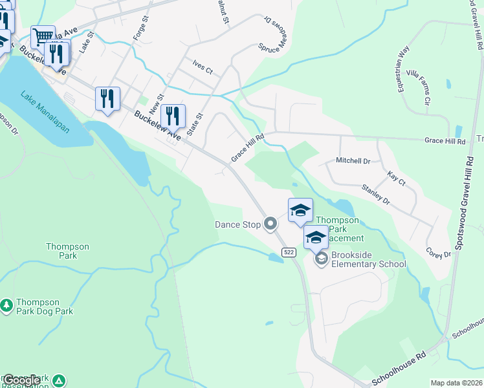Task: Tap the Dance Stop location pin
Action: [271, 224]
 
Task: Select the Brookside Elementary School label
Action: [368, 259]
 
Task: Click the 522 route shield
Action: [289, 252]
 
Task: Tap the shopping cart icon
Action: [43, 36]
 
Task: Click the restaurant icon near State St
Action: [173, 116]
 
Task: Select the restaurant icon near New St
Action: [107, 98]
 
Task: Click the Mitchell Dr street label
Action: [353, 160]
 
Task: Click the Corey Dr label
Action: [438, 252]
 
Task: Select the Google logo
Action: [21, 381]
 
